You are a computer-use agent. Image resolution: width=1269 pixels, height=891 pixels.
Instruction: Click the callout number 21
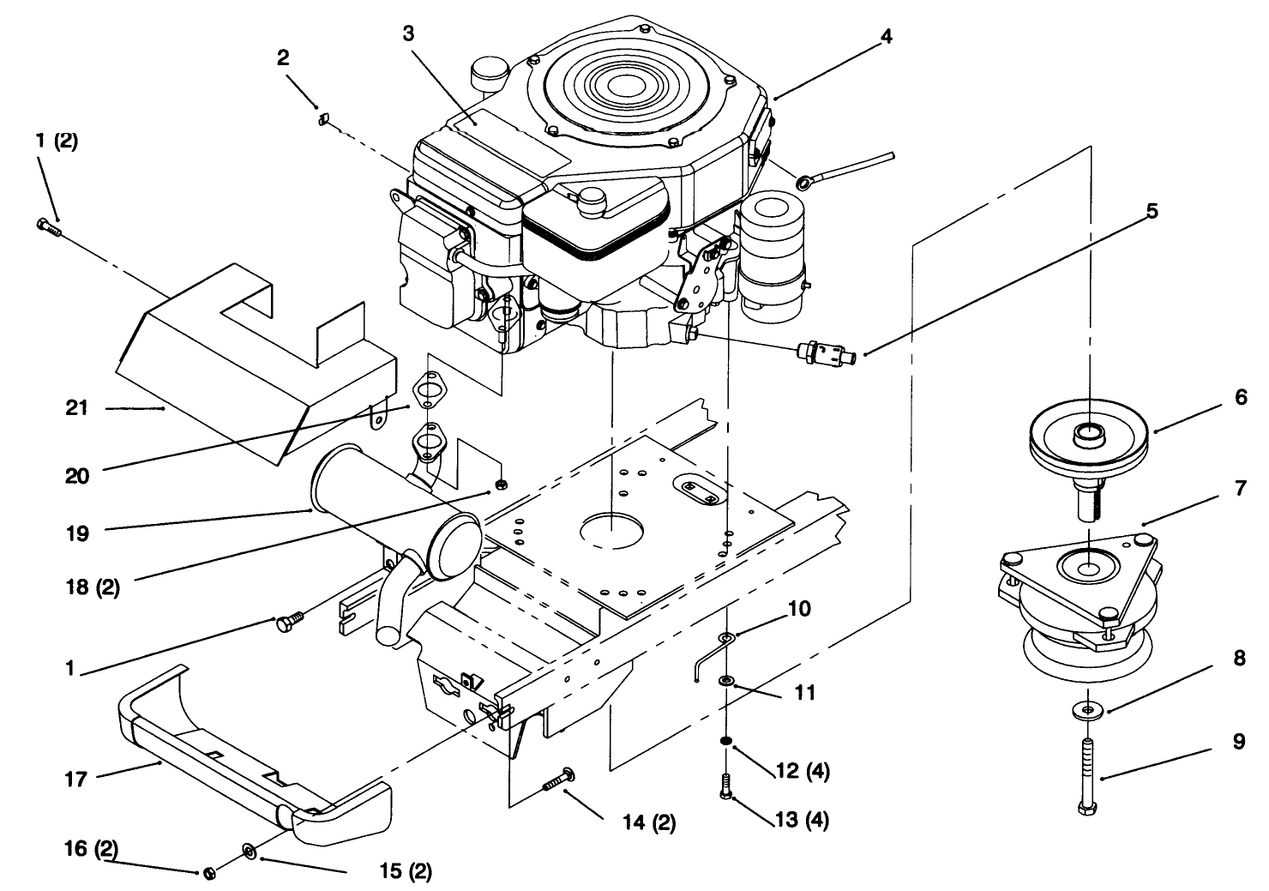[77, 409]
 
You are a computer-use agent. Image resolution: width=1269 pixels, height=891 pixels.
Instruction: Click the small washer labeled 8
[1086, 710]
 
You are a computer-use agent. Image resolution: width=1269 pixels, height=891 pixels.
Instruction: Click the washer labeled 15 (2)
[249, 850]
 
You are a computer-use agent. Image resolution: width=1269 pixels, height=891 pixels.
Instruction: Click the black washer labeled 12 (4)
[726, 741]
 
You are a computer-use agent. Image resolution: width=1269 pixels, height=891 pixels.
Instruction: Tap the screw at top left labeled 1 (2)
[50, 226]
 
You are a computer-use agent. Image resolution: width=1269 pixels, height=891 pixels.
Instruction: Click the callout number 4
[886, 36]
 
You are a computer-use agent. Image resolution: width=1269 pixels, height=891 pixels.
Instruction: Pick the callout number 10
[798, 609]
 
